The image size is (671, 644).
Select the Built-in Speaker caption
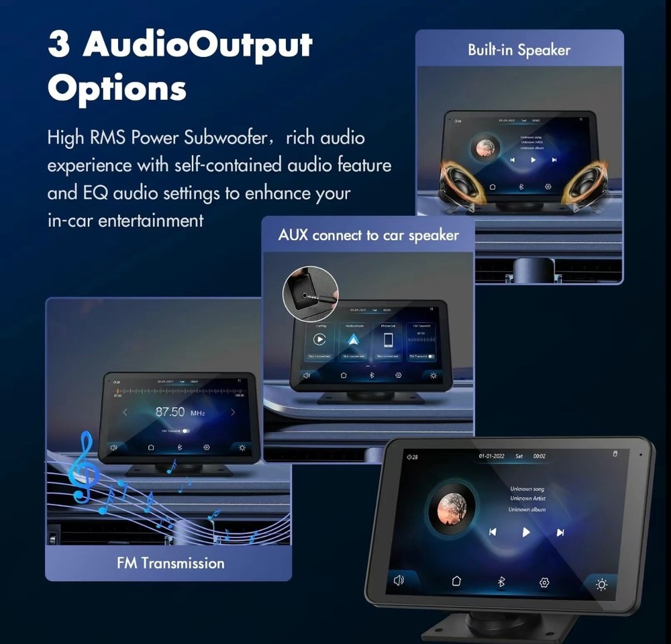[x=519, y=50]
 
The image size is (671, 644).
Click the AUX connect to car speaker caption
[x=368, y=235]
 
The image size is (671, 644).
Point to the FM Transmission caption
[x=170, y=562]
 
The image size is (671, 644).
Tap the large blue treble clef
[x=85, y=467]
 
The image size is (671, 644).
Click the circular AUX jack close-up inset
[x=310, y=294]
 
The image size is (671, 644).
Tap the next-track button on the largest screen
[x=560, y=533]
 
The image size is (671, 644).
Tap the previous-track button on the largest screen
[x=493, y=532]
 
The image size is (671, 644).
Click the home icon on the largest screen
[x=456, y=581]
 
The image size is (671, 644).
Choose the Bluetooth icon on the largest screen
[x=501, y=582]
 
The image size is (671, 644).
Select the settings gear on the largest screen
[x=544, y=583]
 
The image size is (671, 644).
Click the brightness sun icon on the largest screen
[x=601, y=584]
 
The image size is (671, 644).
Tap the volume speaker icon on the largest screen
[x=399, y=580]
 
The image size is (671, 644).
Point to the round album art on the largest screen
[x=452, y=506]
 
